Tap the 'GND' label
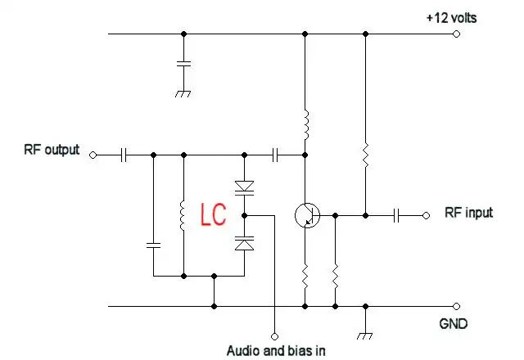pos(452,324)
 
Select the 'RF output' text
pos(52,150)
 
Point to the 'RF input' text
pos(468,213)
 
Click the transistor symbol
pos(307,215)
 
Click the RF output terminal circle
pos(92,154)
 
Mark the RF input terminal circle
pos(426,215)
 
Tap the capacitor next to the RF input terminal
pos(396,215)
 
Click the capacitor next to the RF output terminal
pos(124,154)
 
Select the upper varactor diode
pos(244,187)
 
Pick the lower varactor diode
pos(244,242)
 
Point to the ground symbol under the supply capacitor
pos(183,92)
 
